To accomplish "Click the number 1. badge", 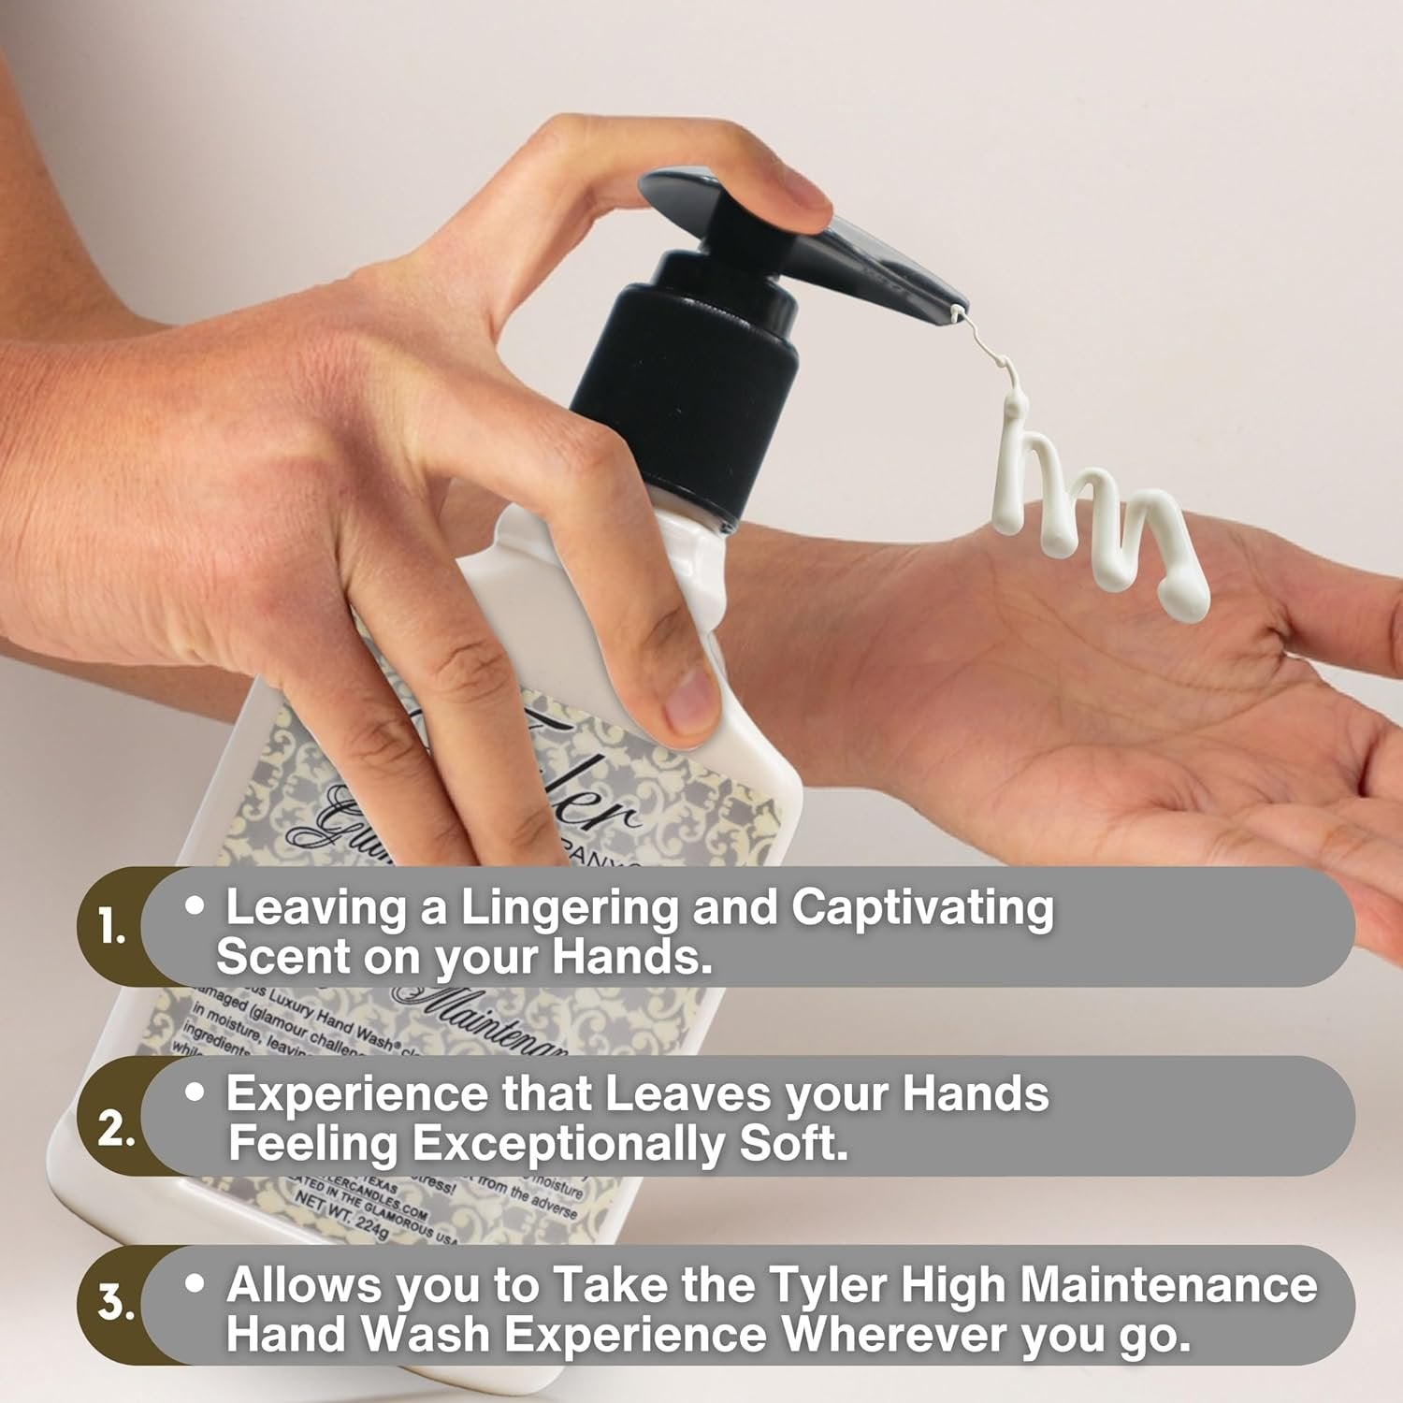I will (112, 927).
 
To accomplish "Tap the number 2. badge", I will (116, 1129).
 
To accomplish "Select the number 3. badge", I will (116, 1302).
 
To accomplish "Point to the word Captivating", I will (922, 908).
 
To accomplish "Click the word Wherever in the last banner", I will (894, 1335).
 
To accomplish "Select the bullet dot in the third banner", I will (195, 1283).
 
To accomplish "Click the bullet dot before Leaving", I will (195, 905).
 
